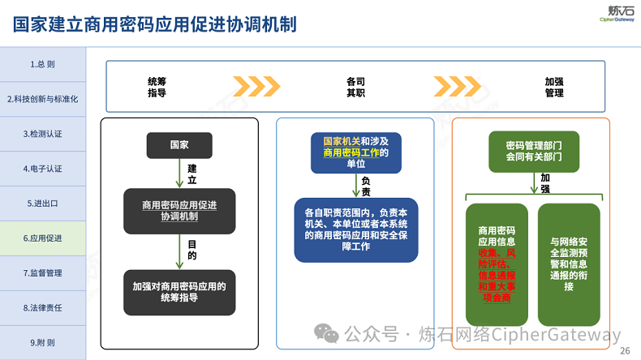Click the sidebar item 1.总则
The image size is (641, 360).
click(x=42, y=64)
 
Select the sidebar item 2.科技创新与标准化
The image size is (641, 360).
click(x=42, y=99)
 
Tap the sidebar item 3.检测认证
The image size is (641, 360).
click(x=42, y=134)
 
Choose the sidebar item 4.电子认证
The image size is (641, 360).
click(x=42, y=169)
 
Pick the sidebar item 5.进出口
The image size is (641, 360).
click(x=42, y=204)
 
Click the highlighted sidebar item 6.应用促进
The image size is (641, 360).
click(x=42, y=238)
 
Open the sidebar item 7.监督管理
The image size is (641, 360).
click(x=42, y=273)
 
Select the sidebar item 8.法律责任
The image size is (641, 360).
click(x=42, y=308)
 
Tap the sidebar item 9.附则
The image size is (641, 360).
click(x=42, y=343)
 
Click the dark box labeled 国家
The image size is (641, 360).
click(x=179, y=145)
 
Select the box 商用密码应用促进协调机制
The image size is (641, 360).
click(x=179, y=211)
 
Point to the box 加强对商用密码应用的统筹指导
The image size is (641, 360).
click(x=179, y=292)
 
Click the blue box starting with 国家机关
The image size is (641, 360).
click(x=355, y=152)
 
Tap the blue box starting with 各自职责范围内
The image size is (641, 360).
click(x=355, y=229)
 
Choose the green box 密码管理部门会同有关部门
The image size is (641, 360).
click(x=533, y=151)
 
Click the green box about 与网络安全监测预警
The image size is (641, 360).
click(x=569, y=264)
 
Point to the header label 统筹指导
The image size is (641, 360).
click(x=157, y=87)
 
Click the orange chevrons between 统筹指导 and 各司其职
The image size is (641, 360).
click(x=256, y=86)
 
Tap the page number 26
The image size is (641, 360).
click(x=624, y=351)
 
